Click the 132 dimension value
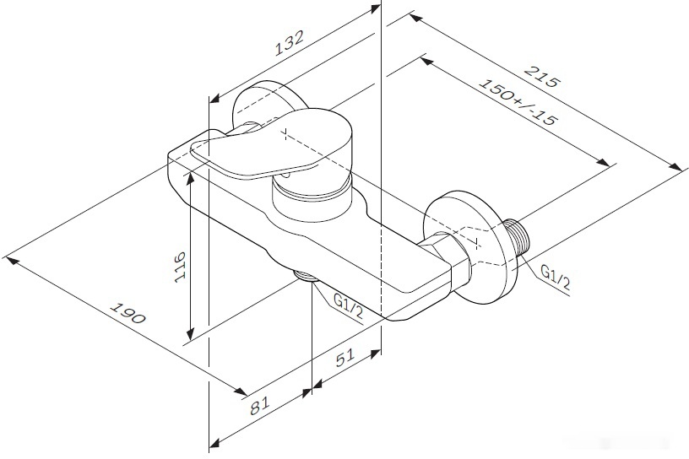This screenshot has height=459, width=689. [x=289, y=43]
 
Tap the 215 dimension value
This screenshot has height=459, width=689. [x=544, y=77]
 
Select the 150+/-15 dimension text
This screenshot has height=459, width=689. [x=518, y=102]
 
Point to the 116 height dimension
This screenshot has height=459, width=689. [x=180, y=267]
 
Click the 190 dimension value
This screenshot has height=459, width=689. [x=127, y=313]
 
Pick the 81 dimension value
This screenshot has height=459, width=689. [x=259, y=405]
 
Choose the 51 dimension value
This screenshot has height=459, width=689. [x=345, y=358]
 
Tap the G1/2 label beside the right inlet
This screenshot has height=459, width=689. [x=555, y=277]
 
